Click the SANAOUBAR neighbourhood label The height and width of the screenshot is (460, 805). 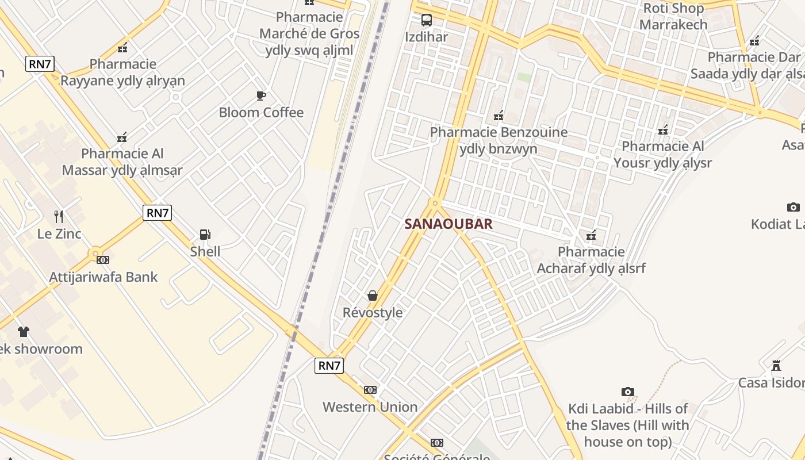(448, 224)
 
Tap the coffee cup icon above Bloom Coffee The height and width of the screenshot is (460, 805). (261, 95)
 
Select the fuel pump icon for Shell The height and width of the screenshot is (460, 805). (205, 235)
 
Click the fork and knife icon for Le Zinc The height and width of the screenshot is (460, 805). (59, 217)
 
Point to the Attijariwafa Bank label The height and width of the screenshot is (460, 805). (103, 277)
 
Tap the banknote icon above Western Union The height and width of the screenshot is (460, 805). (370, 390)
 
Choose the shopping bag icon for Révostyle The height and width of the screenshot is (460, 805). (373, 296)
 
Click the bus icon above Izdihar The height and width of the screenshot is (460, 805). (426, 20)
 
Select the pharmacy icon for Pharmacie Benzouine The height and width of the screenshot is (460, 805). (499, 116)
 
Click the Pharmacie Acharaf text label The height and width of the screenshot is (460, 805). (591, 260)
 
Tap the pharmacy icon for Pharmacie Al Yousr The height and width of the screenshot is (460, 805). (663, 130)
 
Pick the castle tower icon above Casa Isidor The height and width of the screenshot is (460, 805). (776, 366)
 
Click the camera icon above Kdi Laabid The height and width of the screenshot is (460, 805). (627, 392)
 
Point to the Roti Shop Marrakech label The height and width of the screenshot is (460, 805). (673, 16)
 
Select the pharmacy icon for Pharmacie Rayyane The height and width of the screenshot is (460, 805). (122, 48)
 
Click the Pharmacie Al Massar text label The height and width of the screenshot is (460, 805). (122, 162)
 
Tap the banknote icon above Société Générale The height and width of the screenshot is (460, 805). (437, 443)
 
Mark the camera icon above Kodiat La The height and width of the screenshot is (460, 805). (793, 207)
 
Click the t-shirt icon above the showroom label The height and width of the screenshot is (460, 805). (23, 332)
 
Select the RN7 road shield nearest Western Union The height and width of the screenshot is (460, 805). (329, 365)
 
